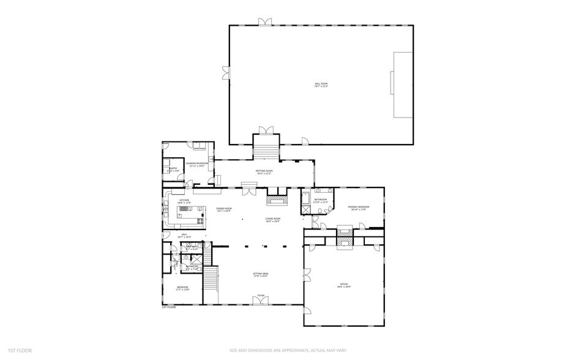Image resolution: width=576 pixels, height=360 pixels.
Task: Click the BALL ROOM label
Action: coord(321,85)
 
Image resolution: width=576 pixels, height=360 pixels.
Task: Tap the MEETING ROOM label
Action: coord(263,173)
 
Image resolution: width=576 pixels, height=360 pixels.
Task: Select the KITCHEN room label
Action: coord(184,201)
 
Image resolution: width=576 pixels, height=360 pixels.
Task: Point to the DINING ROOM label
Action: coord(224,209)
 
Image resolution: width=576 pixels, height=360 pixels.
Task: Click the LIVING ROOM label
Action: coord(272,219)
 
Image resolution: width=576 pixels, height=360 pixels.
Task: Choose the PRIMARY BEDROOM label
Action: coord(358,208)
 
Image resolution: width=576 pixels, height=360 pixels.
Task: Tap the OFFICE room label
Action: coord(344,286)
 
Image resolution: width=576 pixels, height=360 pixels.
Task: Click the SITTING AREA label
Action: coord(261,275)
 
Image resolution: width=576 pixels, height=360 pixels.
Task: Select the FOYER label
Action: coord(261,295)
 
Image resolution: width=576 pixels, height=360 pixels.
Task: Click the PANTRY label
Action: coord(173,169)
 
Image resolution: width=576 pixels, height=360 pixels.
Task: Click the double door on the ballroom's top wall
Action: coord(265,22)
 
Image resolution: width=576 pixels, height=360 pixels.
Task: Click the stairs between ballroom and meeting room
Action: coord(266,149)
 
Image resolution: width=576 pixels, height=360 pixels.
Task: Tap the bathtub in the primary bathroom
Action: coord(305,198)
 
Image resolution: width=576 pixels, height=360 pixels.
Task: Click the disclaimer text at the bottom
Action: coord(288,351)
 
